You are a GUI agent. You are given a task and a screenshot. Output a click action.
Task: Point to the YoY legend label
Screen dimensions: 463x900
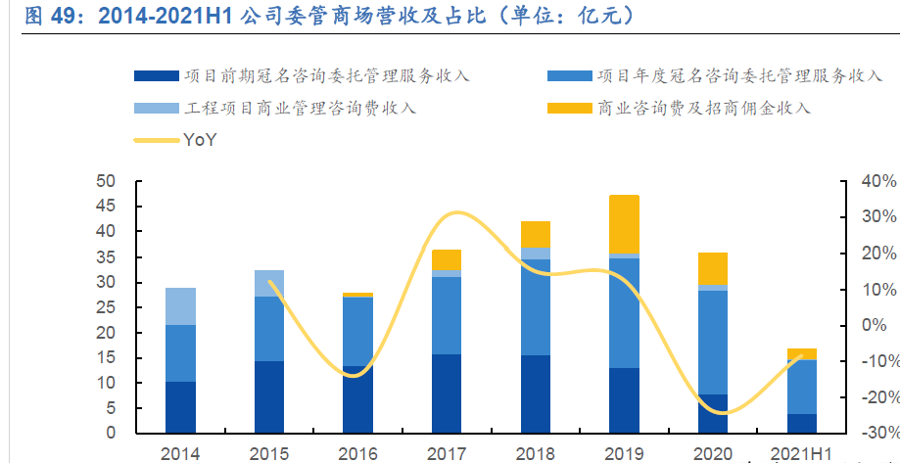click(x=200, y=140)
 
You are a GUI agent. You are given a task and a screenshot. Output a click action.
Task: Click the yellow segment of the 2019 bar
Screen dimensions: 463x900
click(x=623, y=224)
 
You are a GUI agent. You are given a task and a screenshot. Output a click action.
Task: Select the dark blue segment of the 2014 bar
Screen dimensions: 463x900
click(x=180, y=407)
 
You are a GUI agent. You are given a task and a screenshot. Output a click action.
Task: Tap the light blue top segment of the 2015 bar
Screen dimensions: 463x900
click(x=268, y=283)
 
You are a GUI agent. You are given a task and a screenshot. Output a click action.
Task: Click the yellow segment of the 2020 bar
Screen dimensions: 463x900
click(x=712, y=268)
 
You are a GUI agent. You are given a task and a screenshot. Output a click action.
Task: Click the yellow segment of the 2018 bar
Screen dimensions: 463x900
click(x=535, y=234)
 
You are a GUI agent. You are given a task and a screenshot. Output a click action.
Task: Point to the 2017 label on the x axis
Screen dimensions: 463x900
click(x=446, y=454)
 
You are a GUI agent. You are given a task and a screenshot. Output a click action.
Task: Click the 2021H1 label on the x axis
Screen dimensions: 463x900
click(x=801, y=454)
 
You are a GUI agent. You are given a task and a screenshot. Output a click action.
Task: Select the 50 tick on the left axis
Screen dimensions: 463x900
click(x=106, y=181)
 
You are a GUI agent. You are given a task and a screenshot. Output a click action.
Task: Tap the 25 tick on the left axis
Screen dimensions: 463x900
click(x=106, y=307)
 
